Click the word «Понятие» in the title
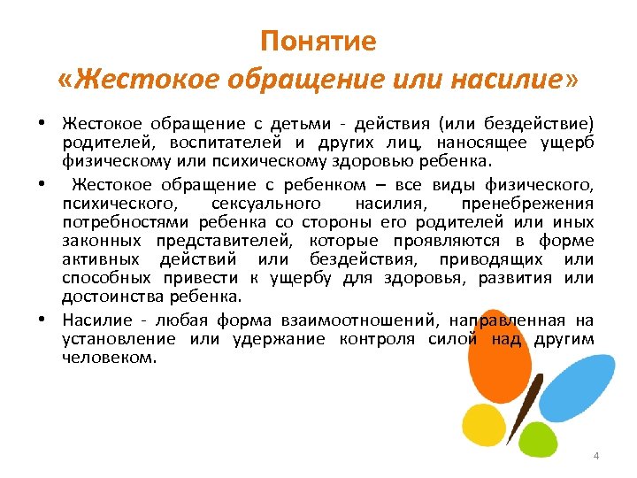(318, 42)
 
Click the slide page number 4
(595, 455)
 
